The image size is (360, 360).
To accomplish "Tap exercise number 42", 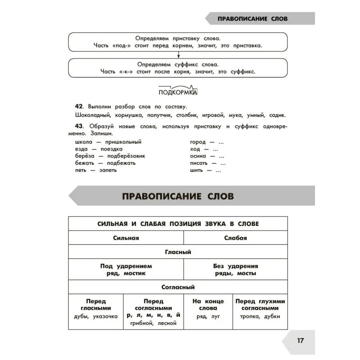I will pos(79,106).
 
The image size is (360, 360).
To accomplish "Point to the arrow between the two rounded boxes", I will pos(179,55).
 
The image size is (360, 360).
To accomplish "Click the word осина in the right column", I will pos(198,156).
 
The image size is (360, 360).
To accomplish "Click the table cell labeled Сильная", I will pos(126,238).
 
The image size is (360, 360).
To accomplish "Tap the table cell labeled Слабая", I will pos(235,238).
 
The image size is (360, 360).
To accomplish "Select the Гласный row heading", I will pos(178,252).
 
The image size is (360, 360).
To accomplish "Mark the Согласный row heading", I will pos(178,287).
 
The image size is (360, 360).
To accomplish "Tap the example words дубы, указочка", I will pos(95,316).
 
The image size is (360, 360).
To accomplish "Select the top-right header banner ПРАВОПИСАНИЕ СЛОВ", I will pos(252,19).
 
